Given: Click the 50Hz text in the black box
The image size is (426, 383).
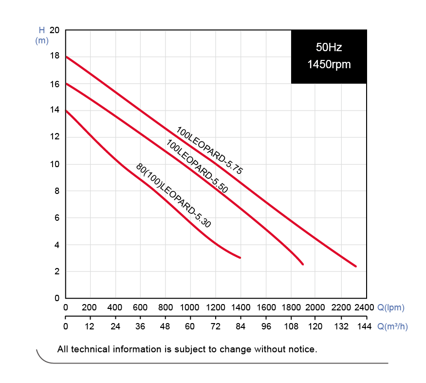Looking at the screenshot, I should [x=329, y=48].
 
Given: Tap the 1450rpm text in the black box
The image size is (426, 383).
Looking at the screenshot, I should [x=329, y=64].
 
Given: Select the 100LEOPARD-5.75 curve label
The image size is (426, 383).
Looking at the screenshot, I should [x=209, y=151].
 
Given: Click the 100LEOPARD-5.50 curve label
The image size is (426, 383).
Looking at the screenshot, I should [x=197, y=166].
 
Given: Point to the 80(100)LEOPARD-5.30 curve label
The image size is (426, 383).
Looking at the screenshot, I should [x=173, y=196].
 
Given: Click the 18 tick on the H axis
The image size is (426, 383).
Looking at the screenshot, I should [x=54, y=56].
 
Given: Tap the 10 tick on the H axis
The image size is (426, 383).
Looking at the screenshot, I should [x=54, y=164].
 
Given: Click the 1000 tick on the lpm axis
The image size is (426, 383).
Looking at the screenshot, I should [x=190, y=307].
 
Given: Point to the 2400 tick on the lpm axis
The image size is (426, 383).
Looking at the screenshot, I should [x=365, y=307].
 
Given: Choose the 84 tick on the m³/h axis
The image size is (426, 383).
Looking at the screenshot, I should [x=241, y=326].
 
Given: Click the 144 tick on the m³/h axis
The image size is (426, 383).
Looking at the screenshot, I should [x=365, y=326].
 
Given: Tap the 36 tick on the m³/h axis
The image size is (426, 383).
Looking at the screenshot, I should [x=140, y=326].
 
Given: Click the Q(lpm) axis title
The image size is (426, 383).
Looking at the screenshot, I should [x=391, y=307].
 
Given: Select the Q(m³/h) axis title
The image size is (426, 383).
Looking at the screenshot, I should [x=392, y=326].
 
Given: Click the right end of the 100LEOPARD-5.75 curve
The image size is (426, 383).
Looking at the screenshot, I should [x=356, y=266].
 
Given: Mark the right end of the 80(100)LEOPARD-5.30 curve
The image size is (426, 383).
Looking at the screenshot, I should [x=240, y=257].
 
